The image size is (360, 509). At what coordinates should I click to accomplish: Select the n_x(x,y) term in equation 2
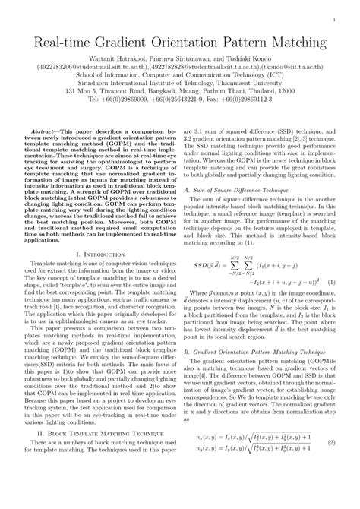point(210,458)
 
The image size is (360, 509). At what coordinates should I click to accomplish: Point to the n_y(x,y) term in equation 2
point(210,471)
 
